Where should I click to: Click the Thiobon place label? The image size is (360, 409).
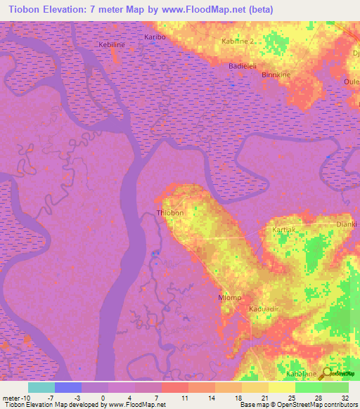click(169, 213)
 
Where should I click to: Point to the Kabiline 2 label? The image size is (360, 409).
click(241, 41)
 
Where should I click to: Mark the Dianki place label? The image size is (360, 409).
click(347, 224)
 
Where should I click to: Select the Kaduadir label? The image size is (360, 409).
click(264, 309)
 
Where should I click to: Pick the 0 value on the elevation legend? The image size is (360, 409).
click(103, 398)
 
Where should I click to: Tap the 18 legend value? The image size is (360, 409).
click(229, 398)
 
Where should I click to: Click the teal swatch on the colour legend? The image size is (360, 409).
click(41, 387)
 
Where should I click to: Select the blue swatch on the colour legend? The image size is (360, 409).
click(67, 387)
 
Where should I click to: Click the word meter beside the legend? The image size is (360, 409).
click(12, 398)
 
